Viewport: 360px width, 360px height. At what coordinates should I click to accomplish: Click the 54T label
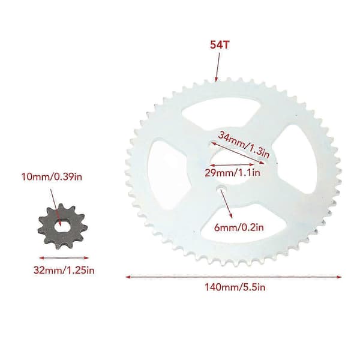(x=220, y=45)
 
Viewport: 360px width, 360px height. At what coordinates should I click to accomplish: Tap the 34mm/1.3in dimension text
(x=244, y=145)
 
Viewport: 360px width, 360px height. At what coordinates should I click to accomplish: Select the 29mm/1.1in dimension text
(x=232, y=173)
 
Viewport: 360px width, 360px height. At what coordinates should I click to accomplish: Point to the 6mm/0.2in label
(x=239, y=227)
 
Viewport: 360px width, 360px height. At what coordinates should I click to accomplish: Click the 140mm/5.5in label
(x=235, y=287)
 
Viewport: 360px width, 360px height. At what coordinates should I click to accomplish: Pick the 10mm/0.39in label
(x=52, y=177)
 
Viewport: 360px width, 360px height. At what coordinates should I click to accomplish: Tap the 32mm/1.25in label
(x=64, y=270)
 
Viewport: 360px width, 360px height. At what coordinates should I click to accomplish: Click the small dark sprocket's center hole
(x=62, y=227)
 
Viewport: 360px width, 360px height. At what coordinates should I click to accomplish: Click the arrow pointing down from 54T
(x=218, y=67)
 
